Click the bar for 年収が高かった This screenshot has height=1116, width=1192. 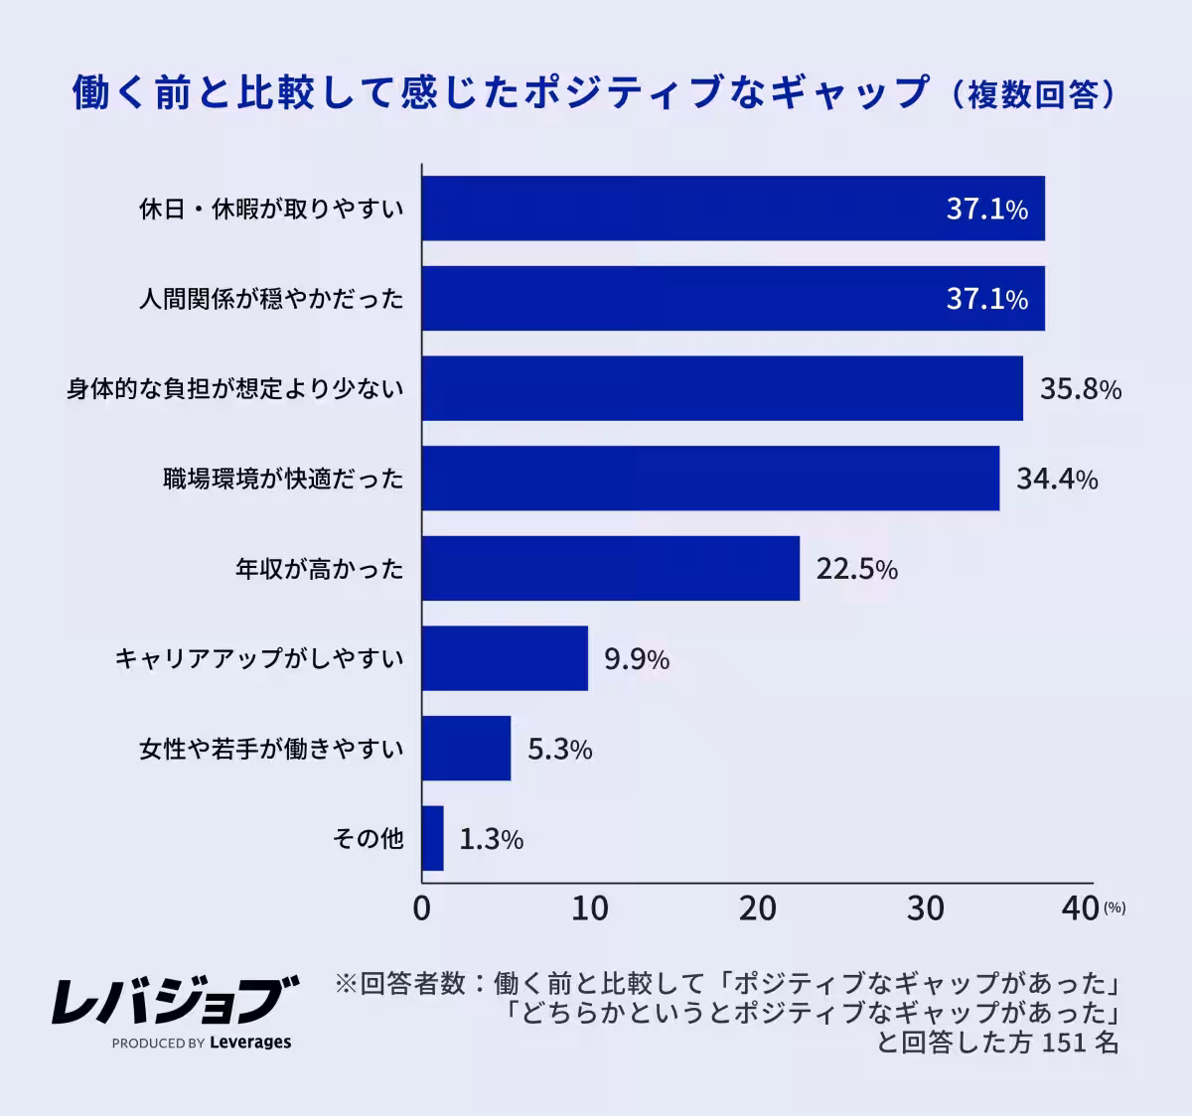(x=610, y=568)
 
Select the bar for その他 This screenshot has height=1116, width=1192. (x=432, y=838)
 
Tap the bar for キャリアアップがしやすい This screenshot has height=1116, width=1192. (x=505, y=658)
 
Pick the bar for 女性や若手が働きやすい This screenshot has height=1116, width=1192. (x=466, y=749)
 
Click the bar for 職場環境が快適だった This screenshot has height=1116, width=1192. (x=710, y=479)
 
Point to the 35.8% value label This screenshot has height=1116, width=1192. (x=1080, y=388)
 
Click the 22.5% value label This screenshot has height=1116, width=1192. (x=856, y=569)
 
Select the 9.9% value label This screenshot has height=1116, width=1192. (x=636, y=659)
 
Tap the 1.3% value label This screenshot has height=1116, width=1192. (x=491, y=839)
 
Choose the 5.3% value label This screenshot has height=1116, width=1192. (x=559, y=749)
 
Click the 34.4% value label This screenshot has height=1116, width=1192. (x=1056, y=479)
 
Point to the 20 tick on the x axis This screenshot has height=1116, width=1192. (x=757, y=908)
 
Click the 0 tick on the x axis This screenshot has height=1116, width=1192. (x=421, y=908)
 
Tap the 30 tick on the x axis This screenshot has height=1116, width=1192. (x=925, y=908)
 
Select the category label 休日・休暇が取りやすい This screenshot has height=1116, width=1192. (x=271, y=209)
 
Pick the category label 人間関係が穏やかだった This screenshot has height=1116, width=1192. (x=271, y=299)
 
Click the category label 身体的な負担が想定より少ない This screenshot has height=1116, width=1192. (x=235, y=388)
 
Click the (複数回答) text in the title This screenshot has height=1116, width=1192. (x=1032, y=94)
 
